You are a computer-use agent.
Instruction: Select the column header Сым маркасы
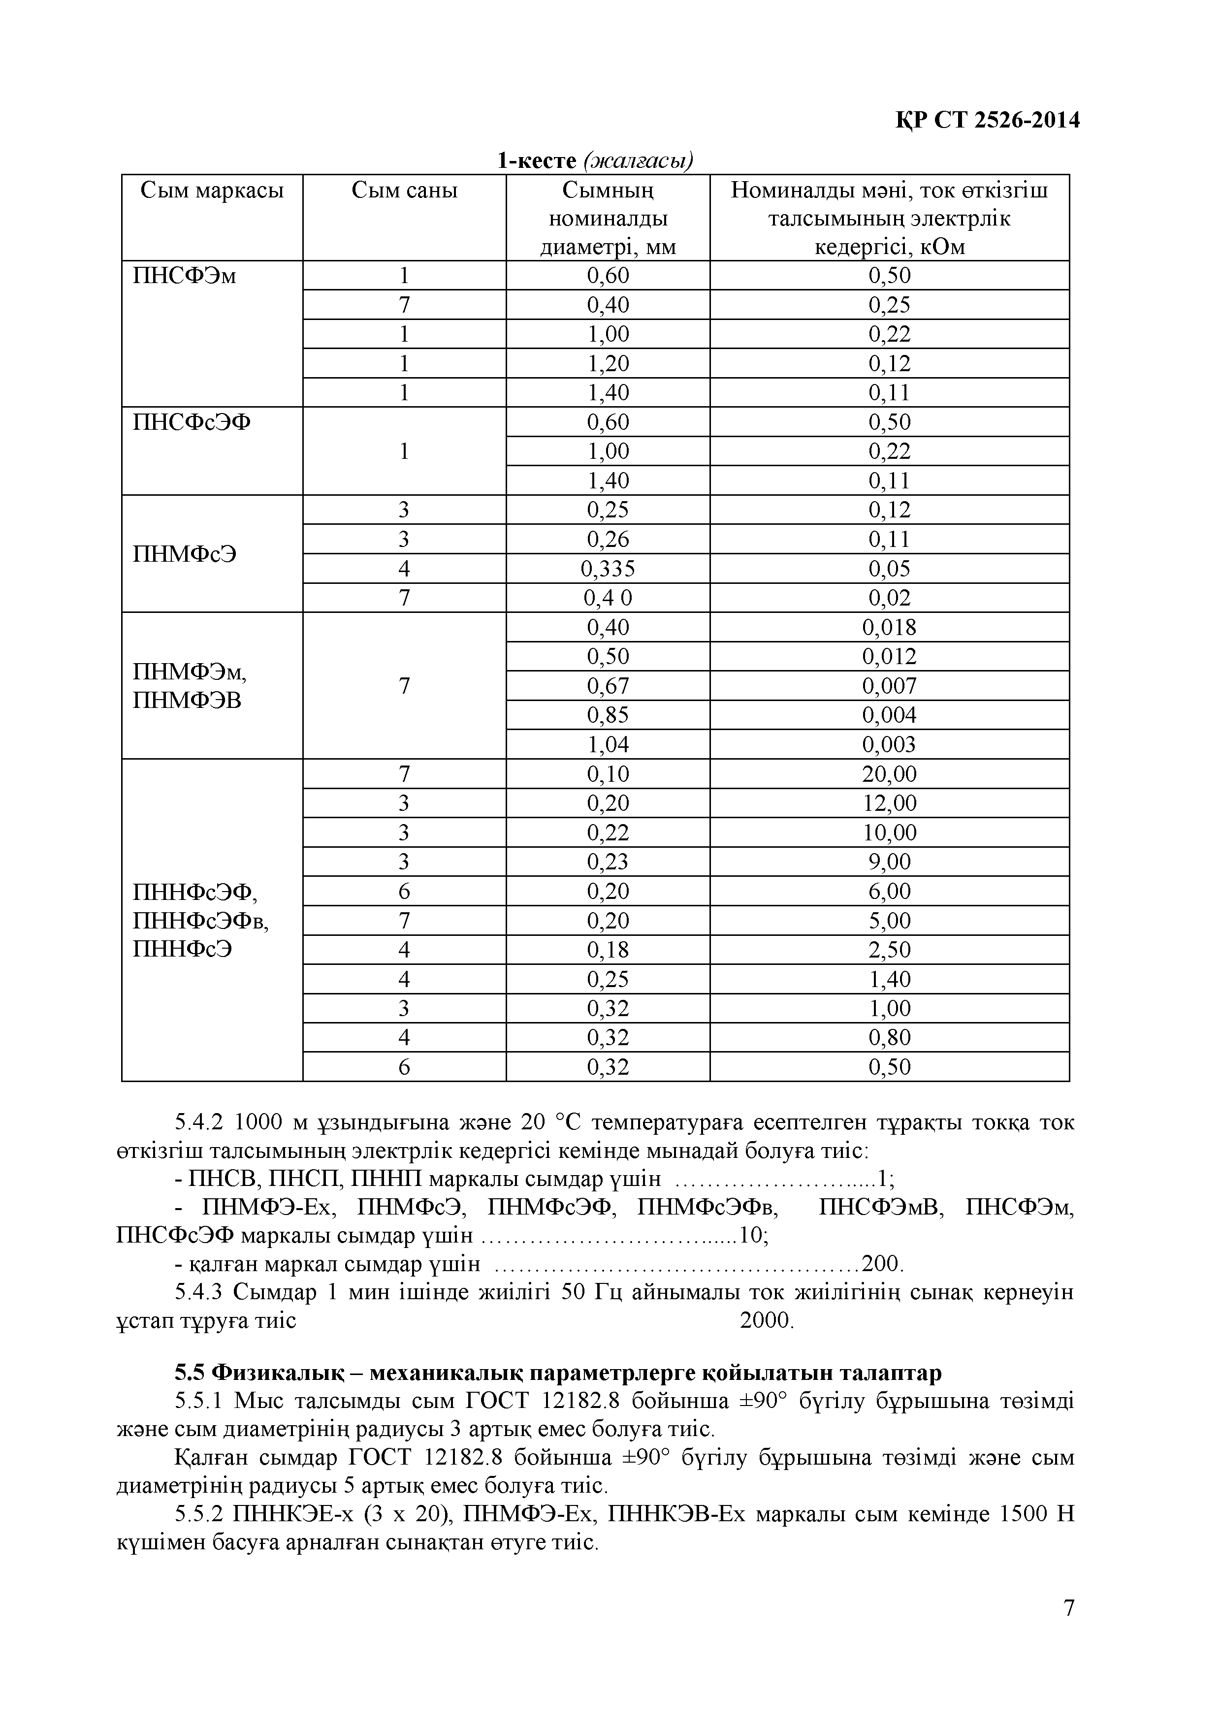[x=212, y=191]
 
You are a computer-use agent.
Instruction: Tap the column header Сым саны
[x=404, y=191]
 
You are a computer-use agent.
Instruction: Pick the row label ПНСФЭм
[x=184, y=276]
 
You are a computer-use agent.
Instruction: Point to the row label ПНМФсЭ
[x=184, y=554]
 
